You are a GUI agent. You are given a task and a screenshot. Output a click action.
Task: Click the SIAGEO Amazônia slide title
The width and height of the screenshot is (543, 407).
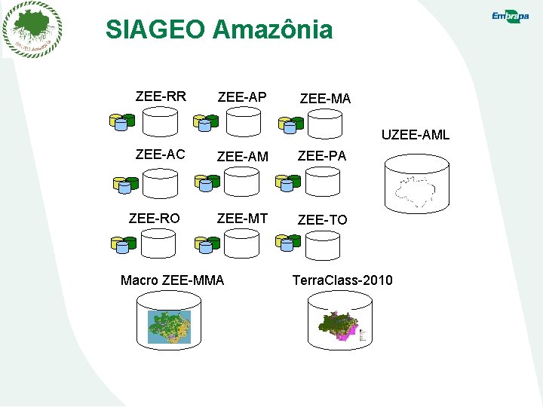(x=219, y=29)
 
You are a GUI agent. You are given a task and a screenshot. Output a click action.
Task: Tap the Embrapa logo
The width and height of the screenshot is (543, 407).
(x=510, y=17)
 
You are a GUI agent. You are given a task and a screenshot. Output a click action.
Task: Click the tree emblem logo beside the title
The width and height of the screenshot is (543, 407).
(x=32, y=29)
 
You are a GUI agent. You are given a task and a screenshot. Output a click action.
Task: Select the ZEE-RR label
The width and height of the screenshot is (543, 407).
(x=161, y=96)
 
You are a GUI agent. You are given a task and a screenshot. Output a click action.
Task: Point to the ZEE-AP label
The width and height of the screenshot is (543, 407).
(x=241, y=97)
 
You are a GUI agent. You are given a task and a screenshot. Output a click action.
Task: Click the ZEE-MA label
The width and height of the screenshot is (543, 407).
(x=325, y=99)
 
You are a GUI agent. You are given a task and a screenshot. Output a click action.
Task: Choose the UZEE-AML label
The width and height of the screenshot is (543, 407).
(x=415, y=135)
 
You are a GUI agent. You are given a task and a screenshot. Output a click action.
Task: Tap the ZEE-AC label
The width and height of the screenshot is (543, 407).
(x=160, y=155)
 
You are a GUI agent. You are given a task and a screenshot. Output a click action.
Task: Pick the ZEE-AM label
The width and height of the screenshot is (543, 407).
(x=242, y=157)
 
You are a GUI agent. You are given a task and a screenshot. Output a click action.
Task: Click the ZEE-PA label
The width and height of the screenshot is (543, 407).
(x=322, y=156)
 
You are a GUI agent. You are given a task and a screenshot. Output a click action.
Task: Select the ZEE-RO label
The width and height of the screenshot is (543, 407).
(x=154, y=219)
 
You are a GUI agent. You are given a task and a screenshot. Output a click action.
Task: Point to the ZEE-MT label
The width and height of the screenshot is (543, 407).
(x=242, y=219)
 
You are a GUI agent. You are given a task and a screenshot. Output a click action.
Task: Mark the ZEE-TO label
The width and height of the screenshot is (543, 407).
(x=323, y=220)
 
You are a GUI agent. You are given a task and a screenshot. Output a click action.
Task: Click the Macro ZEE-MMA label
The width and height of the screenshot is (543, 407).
(x=172, y=280)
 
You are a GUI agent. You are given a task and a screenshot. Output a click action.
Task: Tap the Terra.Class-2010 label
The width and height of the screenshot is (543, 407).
(x=342, y=280)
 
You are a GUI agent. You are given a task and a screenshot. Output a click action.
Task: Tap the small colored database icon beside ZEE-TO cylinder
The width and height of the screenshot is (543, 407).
(x=288, y=242)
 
